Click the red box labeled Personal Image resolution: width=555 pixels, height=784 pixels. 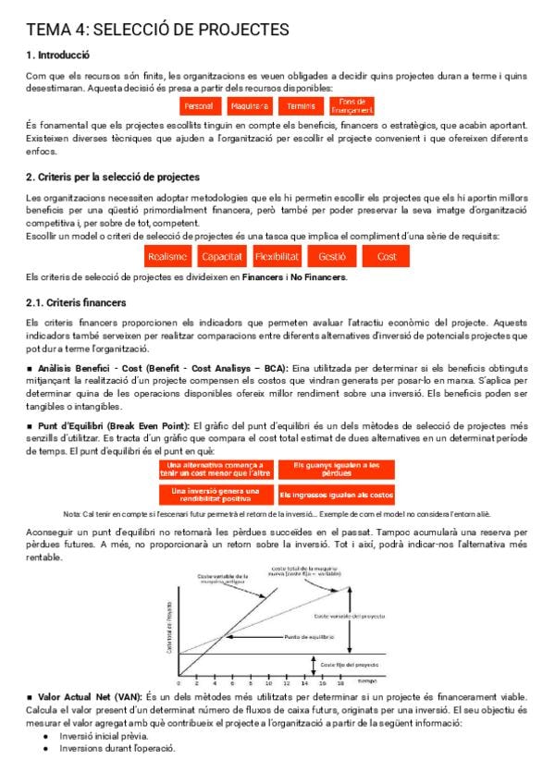point(199,106)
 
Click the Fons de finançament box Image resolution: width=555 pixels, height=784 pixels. point(351,105)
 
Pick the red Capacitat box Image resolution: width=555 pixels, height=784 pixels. point(222,256)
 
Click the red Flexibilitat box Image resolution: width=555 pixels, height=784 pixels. point(277,256)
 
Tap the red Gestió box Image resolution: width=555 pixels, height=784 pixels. point(331,256)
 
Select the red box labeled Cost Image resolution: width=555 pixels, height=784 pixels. point(387,256)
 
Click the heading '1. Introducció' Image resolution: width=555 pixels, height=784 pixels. point(57,55)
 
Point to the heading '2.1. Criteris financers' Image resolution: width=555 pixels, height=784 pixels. point(76,302)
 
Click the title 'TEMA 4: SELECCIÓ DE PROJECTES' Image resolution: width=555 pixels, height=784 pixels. point(157,31)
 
